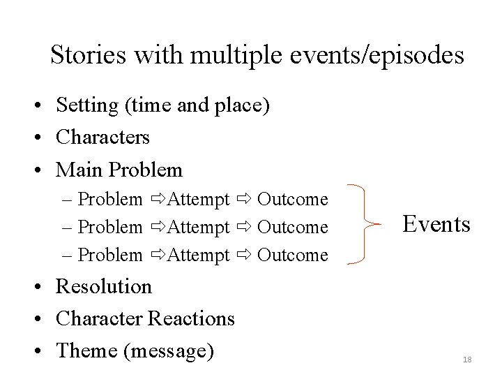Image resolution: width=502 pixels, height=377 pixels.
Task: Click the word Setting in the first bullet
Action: (87, 106)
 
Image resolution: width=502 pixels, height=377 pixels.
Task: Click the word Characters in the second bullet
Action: (102, 138)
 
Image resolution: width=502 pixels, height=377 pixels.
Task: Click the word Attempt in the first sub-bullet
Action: (199, 200)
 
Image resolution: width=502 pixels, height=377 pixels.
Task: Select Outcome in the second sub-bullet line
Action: (292, 228)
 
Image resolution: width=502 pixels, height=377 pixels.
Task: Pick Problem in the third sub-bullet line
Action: (109, 256)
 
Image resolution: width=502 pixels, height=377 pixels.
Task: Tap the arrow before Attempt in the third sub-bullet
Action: (156, 256)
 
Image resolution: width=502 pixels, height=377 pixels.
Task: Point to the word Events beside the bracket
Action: (436, 224)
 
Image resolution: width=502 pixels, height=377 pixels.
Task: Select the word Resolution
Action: (103, 286)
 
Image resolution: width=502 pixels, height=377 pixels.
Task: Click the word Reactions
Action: (191, 318)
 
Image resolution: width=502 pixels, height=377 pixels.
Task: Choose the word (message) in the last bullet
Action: (168, 350)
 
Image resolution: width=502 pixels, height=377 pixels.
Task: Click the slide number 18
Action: (467, 360)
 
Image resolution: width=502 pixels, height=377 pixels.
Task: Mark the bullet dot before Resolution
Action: (43, 288)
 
